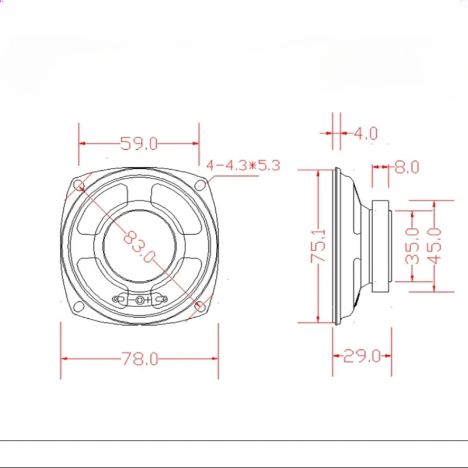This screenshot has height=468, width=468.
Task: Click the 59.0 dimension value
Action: pos(139,143)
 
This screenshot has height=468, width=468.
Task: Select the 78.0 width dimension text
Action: pos(140,359)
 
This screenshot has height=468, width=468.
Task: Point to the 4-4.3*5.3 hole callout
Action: pos(243,165)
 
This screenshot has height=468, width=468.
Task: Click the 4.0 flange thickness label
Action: pos(365,133)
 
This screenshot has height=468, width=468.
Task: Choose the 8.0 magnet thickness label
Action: pos(407,167)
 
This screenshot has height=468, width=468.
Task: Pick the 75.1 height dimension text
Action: pos(318,246)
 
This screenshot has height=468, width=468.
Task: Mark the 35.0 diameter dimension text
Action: pos(412,246)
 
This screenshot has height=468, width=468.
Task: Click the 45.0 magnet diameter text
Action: pos(434,246)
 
